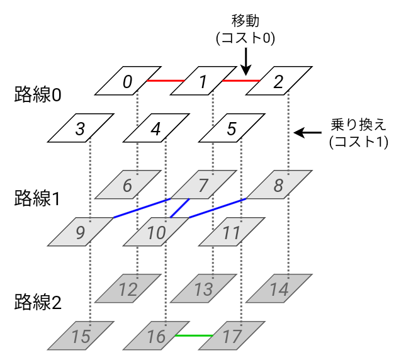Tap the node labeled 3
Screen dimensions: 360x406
tap(81, 129)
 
